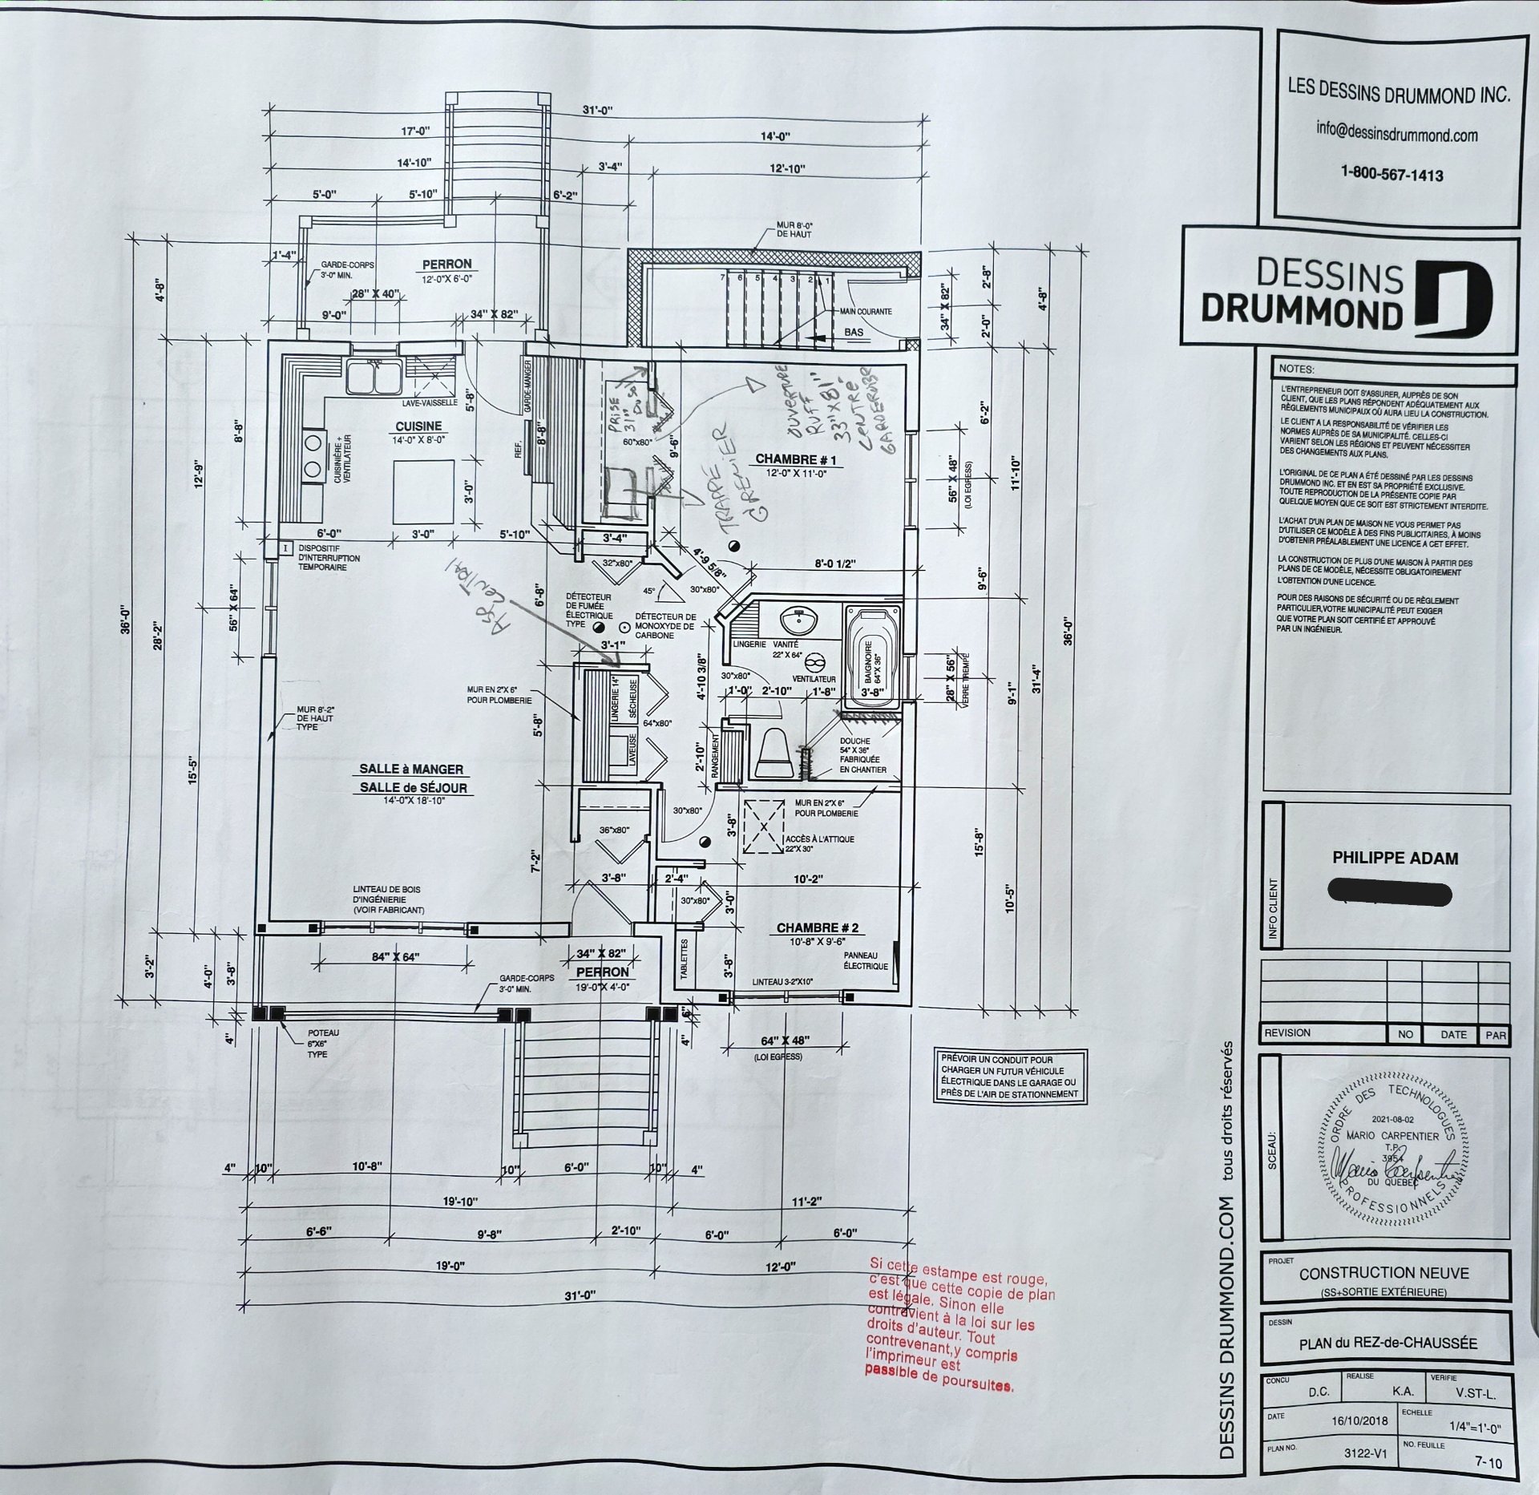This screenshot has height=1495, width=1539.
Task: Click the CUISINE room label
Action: coord(418,426)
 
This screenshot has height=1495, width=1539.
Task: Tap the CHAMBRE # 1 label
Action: coord(796,460)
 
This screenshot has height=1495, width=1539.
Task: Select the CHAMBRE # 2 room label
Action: coord(817,927)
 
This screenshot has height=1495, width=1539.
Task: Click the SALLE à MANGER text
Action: coord(411,769)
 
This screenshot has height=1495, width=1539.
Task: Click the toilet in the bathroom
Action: coord(774,753)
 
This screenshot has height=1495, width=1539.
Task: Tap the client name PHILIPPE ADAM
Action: coord(1395,857)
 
